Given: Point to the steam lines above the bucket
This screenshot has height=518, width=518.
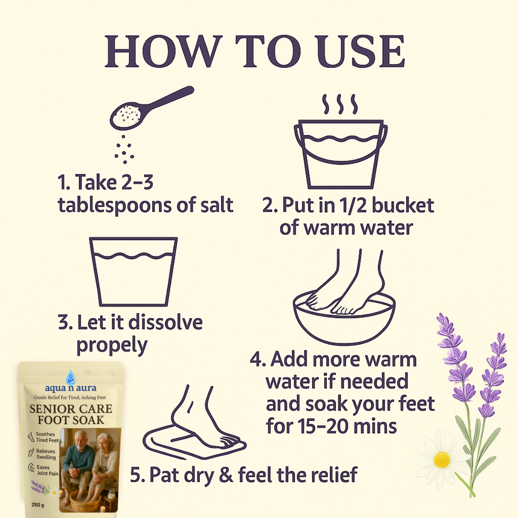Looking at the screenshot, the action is (x=340, y=104).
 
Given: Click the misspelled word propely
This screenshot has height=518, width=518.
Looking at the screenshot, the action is (x=112, y=345).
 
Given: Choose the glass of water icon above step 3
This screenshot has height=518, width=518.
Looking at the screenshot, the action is (x=133, y=272).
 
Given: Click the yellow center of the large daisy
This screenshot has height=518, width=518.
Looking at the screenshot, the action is (x=442, y=460).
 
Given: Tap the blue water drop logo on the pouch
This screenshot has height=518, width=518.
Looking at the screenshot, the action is (x=71, y=377).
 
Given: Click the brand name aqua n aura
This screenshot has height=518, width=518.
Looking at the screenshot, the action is (x=71, y=388).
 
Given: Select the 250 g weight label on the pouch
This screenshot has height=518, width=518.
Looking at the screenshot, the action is (x=38, y=505).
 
